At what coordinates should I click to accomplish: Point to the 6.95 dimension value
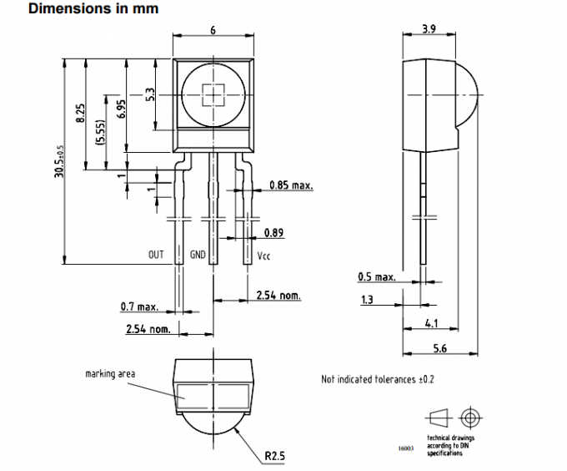click(121, 111)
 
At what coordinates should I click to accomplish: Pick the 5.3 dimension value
click(150, 94)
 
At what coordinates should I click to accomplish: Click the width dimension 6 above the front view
click(213, 29)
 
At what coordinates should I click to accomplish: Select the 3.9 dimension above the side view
click(429, 28)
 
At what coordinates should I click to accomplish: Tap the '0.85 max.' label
click(291, 185)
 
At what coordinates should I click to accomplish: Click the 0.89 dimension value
click(273, 233)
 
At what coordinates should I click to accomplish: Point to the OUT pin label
click(156, 255)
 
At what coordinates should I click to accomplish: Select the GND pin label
click(198, 255)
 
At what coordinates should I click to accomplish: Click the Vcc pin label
click(263, 256)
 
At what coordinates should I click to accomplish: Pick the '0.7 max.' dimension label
click(138, 308)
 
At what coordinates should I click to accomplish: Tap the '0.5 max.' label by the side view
click(375, 276)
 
